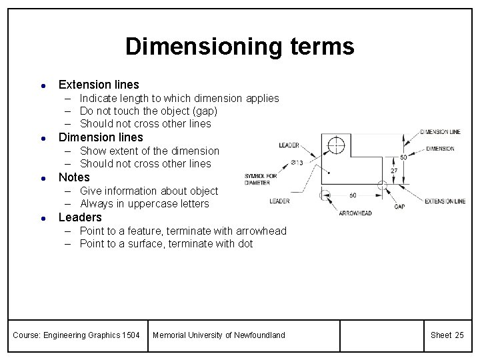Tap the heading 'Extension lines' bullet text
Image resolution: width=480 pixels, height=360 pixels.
pos(99,85)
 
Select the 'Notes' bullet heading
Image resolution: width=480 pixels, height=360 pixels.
pos(74,177)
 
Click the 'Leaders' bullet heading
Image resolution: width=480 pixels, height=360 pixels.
pos(80,217)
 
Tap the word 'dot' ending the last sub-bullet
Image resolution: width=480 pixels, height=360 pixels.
pos(245,244)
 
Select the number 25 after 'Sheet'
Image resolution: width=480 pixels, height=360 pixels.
pos(459,335)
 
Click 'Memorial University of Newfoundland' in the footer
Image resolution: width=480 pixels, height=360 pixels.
pos(219,335)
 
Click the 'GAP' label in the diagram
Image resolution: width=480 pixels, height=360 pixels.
pos(399,207)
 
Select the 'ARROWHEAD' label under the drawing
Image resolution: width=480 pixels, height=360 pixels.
pos(356,213)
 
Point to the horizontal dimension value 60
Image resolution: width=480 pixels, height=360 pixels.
pos(352,195)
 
